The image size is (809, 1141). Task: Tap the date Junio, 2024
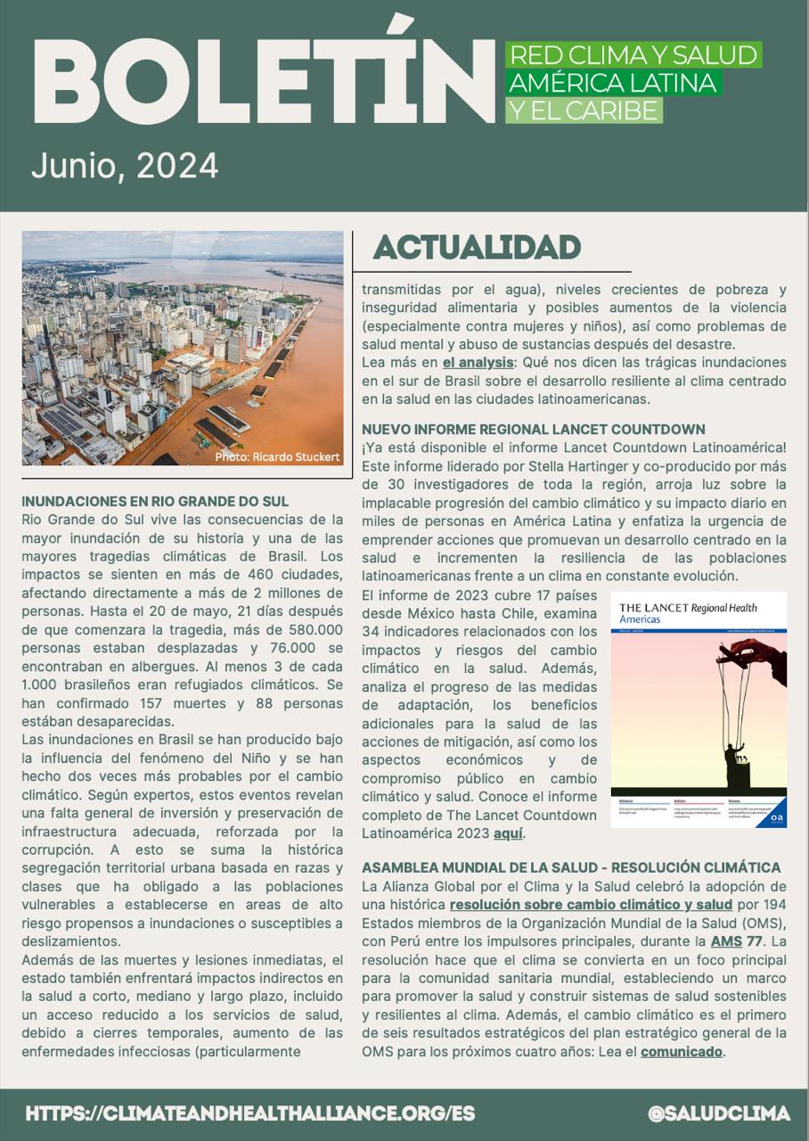tap(125, 166)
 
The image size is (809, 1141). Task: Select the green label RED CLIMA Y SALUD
tap(633, 55)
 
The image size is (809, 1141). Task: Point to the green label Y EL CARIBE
tap(584, 111)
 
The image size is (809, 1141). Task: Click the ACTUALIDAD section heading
tap(477, 248)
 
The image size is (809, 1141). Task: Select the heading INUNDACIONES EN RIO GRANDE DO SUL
tap(155, 501)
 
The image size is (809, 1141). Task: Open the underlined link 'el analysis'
tap(478, 363)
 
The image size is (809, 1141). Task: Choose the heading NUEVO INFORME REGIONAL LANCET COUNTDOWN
tap(533, 429)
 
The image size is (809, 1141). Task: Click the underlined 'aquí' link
tap(508, 833)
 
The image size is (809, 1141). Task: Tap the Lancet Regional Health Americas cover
tap(699, 710)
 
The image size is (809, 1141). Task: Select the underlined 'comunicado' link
tap(681, 1051)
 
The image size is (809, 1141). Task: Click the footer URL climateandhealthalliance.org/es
tap(250, 1113)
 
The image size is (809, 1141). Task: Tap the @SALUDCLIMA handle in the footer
tap(719, 1113)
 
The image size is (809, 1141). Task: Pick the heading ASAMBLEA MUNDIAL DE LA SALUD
tap(570, 867)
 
